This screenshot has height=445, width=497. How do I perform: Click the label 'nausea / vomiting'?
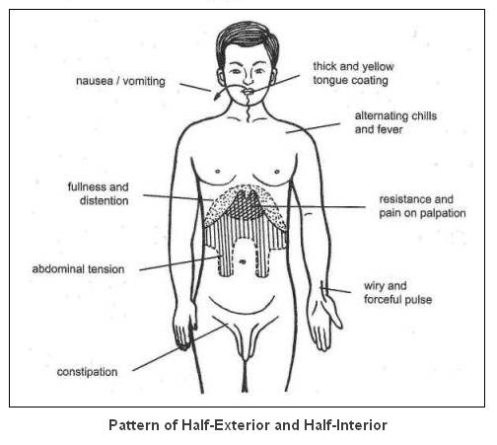120,81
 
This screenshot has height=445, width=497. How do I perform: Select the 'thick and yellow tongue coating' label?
353,73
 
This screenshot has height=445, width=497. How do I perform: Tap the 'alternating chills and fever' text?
395,122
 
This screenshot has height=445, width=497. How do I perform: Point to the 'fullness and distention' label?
98,193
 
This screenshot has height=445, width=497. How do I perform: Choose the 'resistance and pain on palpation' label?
422,206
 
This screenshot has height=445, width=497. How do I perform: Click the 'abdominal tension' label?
78,269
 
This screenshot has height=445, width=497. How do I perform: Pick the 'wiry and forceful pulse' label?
397,293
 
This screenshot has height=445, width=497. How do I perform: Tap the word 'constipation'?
87,372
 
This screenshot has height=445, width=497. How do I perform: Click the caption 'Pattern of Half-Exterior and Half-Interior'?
248,425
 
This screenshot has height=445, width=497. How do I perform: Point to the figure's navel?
243,261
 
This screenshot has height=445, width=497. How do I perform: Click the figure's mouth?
248,92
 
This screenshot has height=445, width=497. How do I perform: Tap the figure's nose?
248,79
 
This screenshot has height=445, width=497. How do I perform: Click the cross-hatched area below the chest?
248,205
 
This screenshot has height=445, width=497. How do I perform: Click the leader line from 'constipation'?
180,347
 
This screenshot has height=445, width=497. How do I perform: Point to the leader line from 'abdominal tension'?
180,263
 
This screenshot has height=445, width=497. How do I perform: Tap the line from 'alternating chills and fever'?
313,128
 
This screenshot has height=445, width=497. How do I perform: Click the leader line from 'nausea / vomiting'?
195,87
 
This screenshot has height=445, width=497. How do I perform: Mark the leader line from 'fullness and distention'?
178,197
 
